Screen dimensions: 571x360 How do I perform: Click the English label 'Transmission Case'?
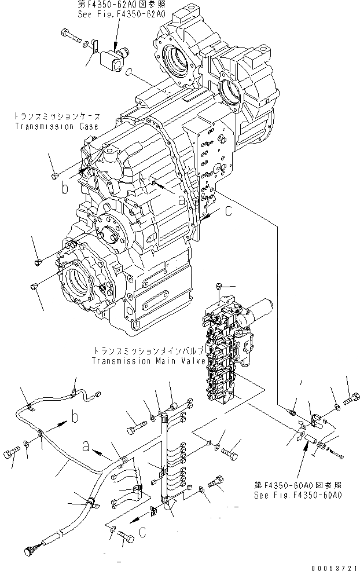[x=56, y=126]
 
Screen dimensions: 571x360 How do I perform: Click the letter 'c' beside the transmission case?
[x=229, y=212]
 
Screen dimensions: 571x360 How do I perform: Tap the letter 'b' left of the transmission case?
[x=65, y=188]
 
